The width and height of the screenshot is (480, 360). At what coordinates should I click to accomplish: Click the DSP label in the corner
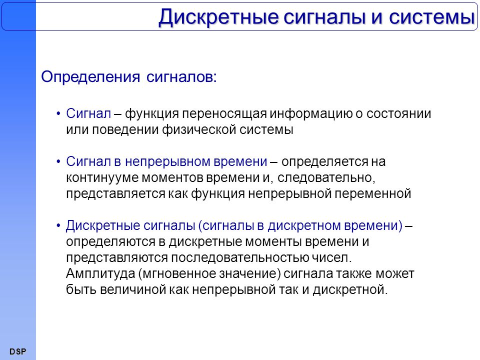[x=18, y=351]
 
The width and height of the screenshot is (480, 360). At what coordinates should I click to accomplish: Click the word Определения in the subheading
[x=90, y=77]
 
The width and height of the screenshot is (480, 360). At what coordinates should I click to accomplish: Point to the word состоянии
[x=398, y=113]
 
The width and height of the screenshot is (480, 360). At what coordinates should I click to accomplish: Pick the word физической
[x=199, y=130]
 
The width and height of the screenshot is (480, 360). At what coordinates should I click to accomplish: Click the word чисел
[x=332, y=257]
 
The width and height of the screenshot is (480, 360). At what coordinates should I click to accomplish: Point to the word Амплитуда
[x=100, y=273]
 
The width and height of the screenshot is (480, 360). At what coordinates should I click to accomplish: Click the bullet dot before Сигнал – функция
[x=58, y=114]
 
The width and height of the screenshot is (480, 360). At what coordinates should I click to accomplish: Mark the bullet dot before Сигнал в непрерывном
[x=58, y=161]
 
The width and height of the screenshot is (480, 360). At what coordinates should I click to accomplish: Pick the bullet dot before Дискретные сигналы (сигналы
[x=58, y=225]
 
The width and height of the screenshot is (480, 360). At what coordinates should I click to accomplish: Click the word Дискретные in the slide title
[x=218, y=17]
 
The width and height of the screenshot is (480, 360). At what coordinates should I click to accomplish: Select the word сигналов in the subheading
[x=181, y=77]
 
